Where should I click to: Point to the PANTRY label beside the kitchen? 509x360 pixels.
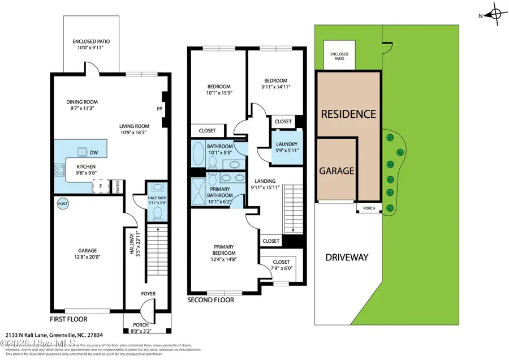click(x=118, y=186)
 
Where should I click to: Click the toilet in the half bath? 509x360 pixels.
click(x=158, y=213)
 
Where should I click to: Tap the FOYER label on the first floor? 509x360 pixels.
click(x=148, y=294)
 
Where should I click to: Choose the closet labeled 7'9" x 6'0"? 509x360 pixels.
click(x=281, y=265)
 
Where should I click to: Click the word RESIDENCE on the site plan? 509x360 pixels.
click(x=348, y=114)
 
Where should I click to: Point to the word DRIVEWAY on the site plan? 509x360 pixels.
click(x=347, y=258)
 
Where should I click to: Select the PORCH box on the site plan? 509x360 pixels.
click(x=369, y=208)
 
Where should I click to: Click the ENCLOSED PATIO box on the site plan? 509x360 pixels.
click(x=339, y=56)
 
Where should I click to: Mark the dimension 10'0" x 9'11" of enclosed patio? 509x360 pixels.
click(x=92, y=49)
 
